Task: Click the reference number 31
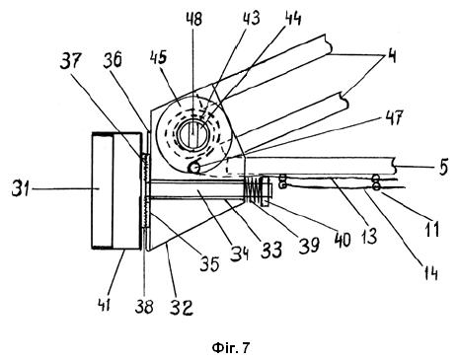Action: [x=21, y=188]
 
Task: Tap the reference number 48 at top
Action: [x=193, y=19]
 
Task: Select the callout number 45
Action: [x=158, y=58]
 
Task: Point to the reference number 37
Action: [x=70, y=61]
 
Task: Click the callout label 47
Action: [x=394, y=118]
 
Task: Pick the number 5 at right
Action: [x=443, y=167]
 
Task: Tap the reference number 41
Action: [x=105, y=304]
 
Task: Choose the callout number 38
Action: [x=144, y=306]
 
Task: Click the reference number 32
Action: [x=182, y=308]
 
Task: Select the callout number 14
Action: [x=430, y=272]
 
